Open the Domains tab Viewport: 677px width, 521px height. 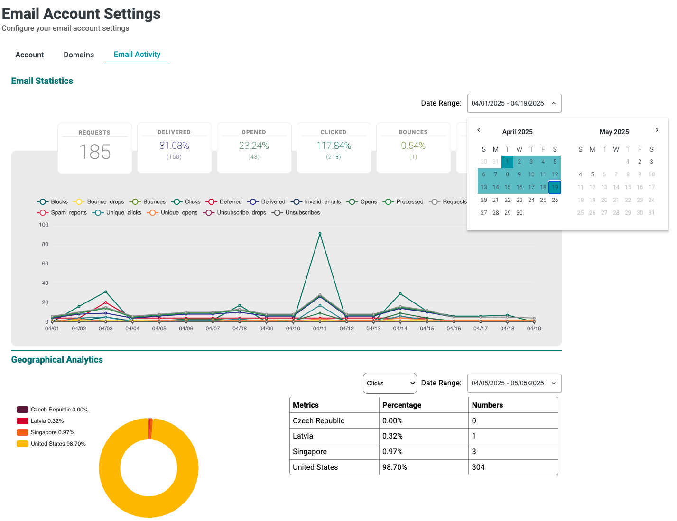79,55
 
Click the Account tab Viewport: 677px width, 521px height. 29,55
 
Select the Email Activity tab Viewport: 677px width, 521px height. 137,55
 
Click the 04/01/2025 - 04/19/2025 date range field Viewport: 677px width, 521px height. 514,103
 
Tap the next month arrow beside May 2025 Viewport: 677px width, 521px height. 657,130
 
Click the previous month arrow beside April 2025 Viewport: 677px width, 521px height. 479,130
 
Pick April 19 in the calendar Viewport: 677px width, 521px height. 555,187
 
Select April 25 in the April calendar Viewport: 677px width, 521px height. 543,200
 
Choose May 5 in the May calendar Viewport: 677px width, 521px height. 592,174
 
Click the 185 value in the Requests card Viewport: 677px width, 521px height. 95,152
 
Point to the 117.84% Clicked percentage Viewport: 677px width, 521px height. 334,146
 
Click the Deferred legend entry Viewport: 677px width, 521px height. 224,202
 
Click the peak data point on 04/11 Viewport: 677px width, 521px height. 320,234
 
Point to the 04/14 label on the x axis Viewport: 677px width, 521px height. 400,329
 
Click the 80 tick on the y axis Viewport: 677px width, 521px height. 45,244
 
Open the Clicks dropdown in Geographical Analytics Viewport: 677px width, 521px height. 390,383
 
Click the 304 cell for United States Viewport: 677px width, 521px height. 478,467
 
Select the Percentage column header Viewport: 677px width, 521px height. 402,405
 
